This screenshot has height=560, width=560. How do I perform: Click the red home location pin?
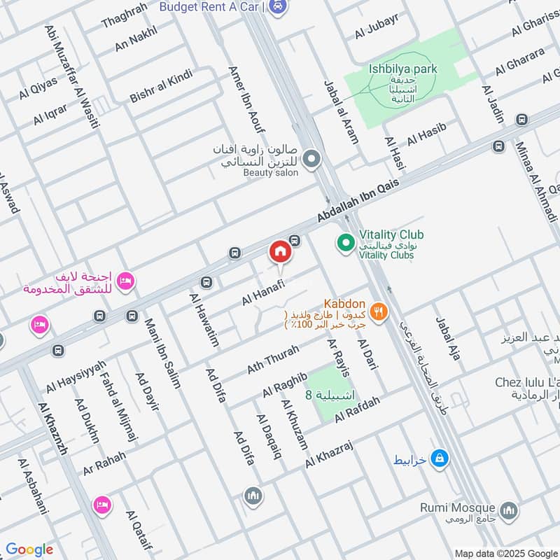click(279, 252)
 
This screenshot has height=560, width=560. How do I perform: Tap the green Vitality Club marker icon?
click(344, 244)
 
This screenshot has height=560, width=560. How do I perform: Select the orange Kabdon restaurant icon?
click(379, 312)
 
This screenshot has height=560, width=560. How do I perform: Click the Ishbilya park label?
click(402, 69)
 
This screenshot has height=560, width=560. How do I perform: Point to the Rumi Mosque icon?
click(510, 508)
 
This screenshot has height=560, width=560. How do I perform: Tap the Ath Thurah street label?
click(273, 359)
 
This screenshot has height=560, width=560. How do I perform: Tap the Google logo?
click(29, 549)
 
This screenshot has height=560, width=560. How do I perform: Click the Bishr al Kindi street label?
click(160, 86)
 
